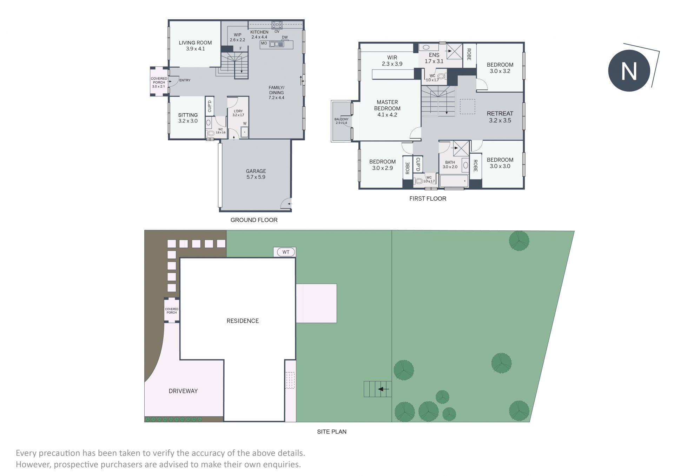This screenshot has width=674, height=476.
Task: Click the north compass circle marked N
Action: point(629,71)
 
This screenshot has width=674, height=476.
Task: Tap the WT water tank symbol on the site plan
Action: point(286,252)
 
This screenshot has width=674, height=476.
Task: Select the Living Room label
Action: point(195,43)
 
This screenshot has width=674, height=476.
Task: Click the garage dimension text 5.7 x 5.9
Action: point(256,177)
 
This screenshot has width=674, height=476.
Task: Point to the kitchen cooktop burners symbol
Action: point(277,25)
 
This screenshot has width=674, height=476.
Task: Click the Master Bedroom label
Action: point(387,105)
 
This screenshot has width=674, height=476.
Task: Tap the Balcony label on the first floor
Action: point(341,119)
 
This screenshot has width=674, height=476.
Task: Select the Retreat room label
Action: point(500,114)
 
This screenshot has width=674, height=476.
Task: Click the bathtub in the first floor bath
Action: point(454,181)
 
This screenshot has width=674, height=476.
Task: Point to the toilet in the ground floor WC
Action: point(211,133)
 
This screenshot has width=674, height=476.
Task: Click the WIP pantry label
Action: point(238,35)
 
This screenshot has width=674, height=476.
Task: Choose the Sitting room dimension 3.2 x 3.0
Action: point(188,121)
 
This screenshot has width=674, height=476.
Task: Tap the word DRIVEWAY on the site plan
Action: point(183,391)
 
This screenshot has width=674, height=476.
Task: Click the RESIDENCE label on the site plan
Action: point(243,321)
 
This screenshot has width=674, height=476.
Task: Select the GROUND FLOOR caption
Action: point(254,220)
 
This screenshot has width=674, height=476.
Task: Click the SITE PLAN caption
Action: point(332,432)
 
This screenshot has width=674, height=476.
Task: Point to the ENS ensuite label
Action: point(434,55)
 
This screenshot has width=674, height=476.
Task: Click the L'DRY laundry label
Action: point(238,111)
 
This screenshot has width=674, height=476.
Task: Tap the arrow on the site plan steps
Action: point(383,389)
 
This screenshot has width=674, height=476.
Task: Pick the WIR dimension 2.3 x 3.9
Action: point(392,64)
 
